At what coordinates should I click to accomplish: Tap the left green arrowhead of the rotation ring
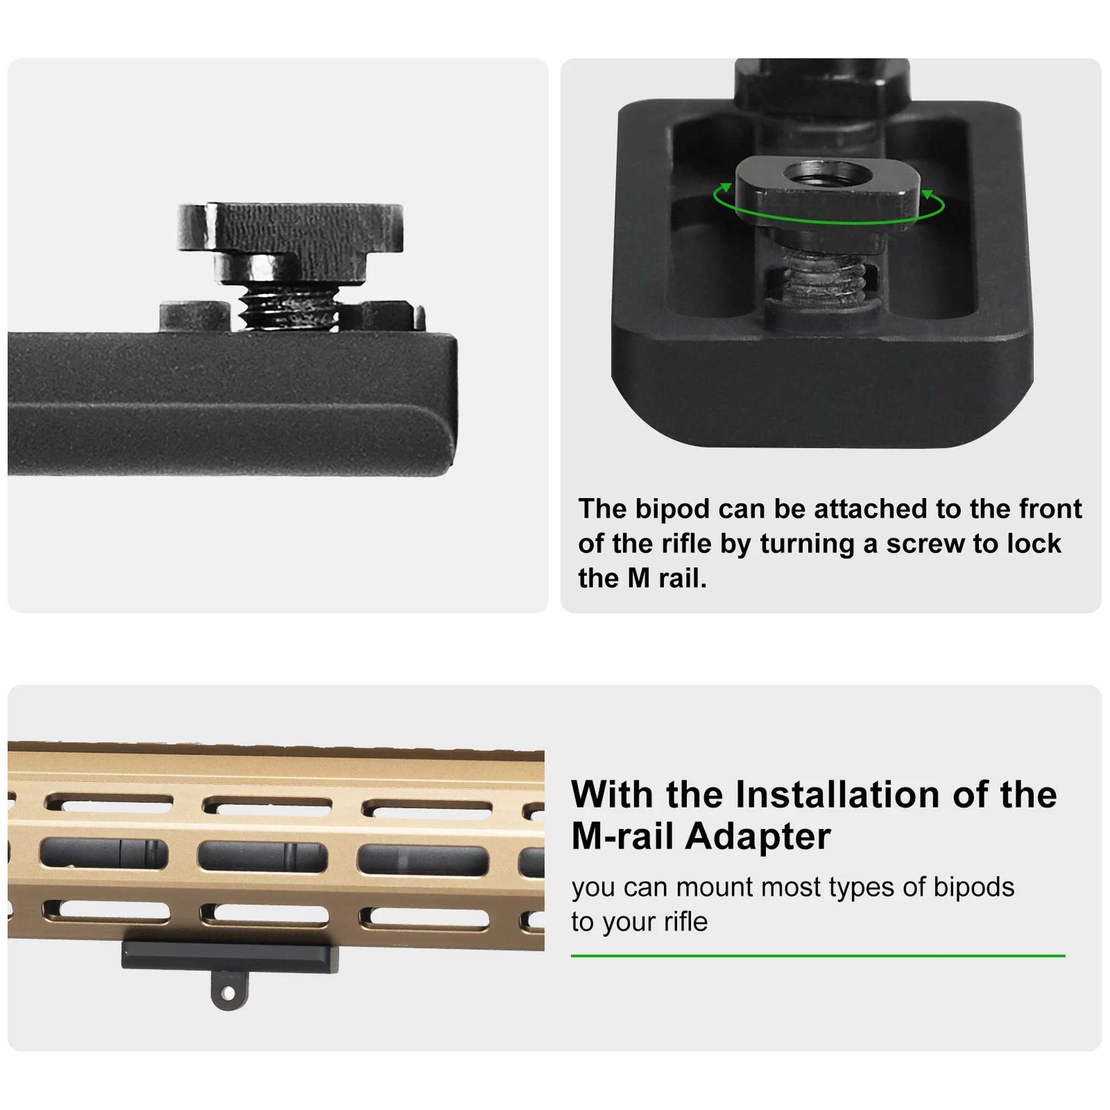click(726, 188)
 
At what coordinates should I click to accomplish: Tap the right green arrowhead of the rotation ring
click(927, 195)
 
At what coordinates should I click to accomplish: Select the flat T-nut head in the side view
click(290, 228)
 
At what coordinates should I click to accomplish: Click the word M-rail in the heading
click(622, 836)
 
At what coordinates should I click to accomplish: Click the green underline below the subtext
click(817, 956)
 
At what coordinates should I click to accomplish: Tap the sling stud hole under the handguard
click(229, 992)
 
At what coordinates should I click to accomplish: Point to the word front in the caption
click(1050, 509)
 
